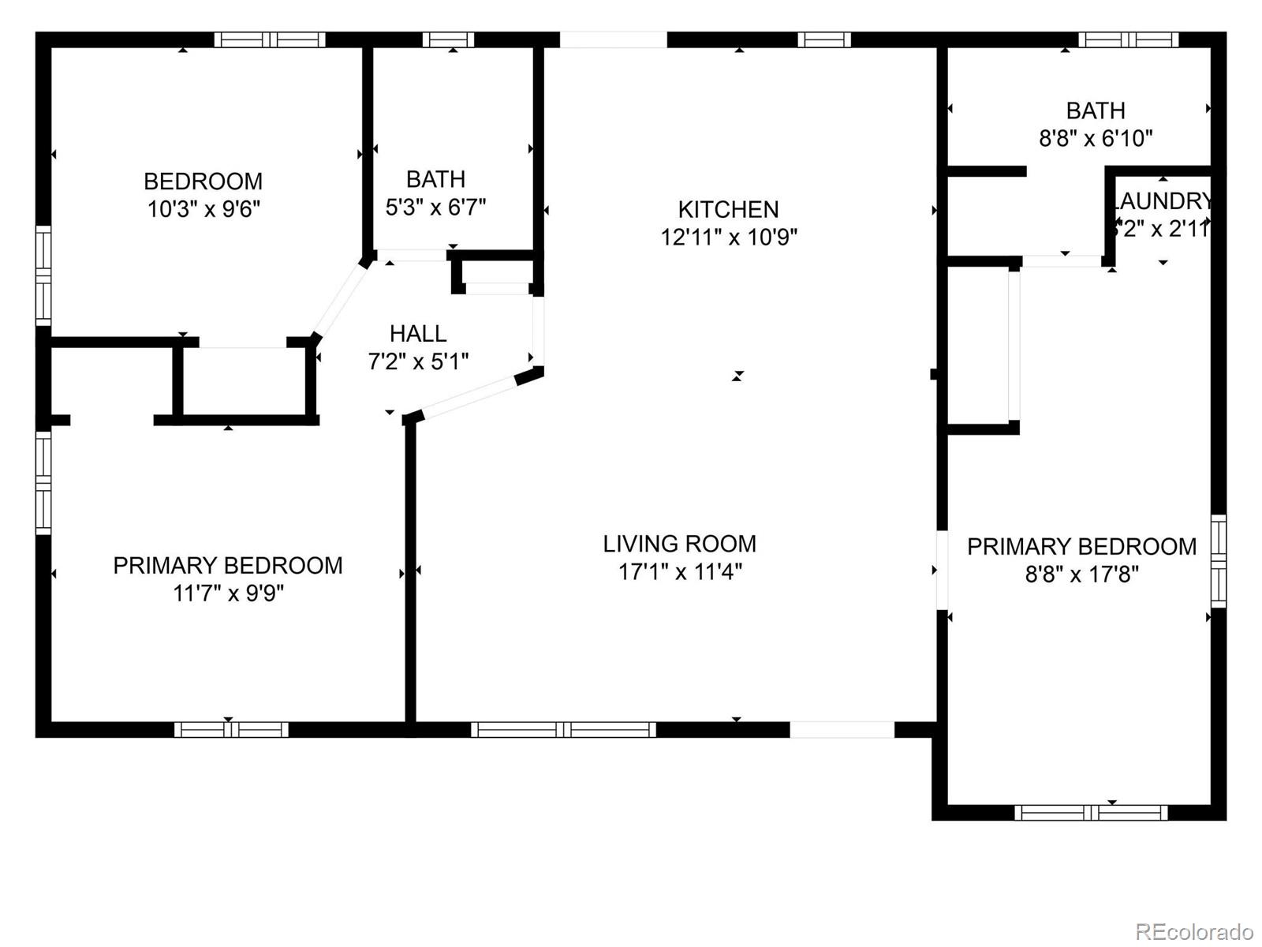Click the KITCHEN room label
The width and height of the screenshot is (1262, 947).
coord(728,209)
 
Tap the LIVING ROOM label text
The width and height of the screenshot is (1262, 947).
coord(679,544)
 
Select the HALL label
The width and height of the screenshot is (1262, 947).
coord(418,333)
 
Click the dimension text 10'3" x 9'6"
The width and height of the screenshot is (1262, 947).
coord(203,209)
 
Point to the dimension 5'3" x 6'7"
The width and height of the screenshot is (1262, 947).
coord(435,207)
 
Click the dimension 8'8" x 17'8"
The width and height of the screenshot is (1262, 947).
coord(1081,574)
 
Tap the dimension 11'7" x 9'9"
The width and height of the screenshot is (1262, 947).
coord(228,593)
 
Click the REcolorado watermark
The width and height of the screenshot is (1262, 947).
coord(1193,931)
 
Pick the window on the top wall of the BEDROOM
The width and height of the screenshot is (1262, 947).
coord(270,39)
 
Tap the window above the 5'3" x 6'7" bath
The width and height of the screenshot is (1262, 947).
coord(448,39)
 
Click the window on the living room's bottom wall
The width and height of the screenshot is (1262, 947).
coord(563,730)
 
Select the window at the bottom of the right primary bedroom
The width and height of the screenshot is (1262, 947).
coord(1091,812)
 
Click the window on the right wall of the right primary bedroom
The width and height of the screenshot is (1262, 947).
coord(1219,560)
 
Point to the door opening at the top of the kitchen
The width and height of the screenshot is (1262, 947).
coord(613,39)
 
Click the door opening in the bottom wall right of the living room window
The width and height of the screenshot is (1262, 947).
coord(842,730)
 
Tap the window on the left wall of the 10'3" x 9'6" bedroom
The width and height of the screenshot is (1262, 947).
coord(43,275)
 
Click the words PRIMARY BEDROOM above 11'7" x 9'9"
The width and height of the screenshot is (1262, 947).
coord(228,565)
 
